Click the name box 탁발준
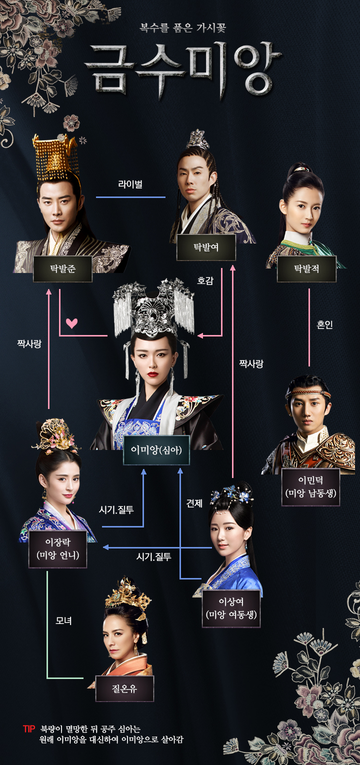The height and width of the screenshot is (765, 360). pyautogui.click(x=62, y=268)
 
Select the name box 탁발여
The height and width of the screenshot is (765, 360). pyautogui.click(x=206, y=247)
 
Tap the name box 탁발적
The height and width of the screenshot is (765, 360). pyautogui.click(x=306, y=268)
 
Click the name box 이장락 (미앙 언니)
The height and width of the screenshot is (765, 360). pyautogui.click(x=57, y=549)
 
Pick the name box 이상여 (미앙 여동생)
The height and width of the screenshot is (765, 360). pyautogui.click(x=231, y=608)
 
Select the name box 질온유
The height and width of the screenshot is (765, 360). pyautogui.click(x=124, y=688)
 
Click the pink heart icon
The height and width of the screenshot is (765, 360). pyautogui.click(x=72, y=323)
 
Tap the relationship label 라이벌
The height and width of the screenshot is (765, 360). pyautogui.click(x=130, y=184)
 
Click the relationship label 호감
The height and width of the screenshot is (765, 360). pyautogui.click(x=205, y=280)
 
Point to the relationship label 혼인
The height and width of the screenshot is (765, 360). pyautogui.click(x=324, y=325)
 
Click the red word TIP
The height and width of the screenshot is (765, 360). pyautogui.click(x=29, y=729)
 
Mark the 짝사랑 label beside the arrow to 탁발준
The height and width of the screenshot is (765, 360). pyautogui.click(x=28, y=344)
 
